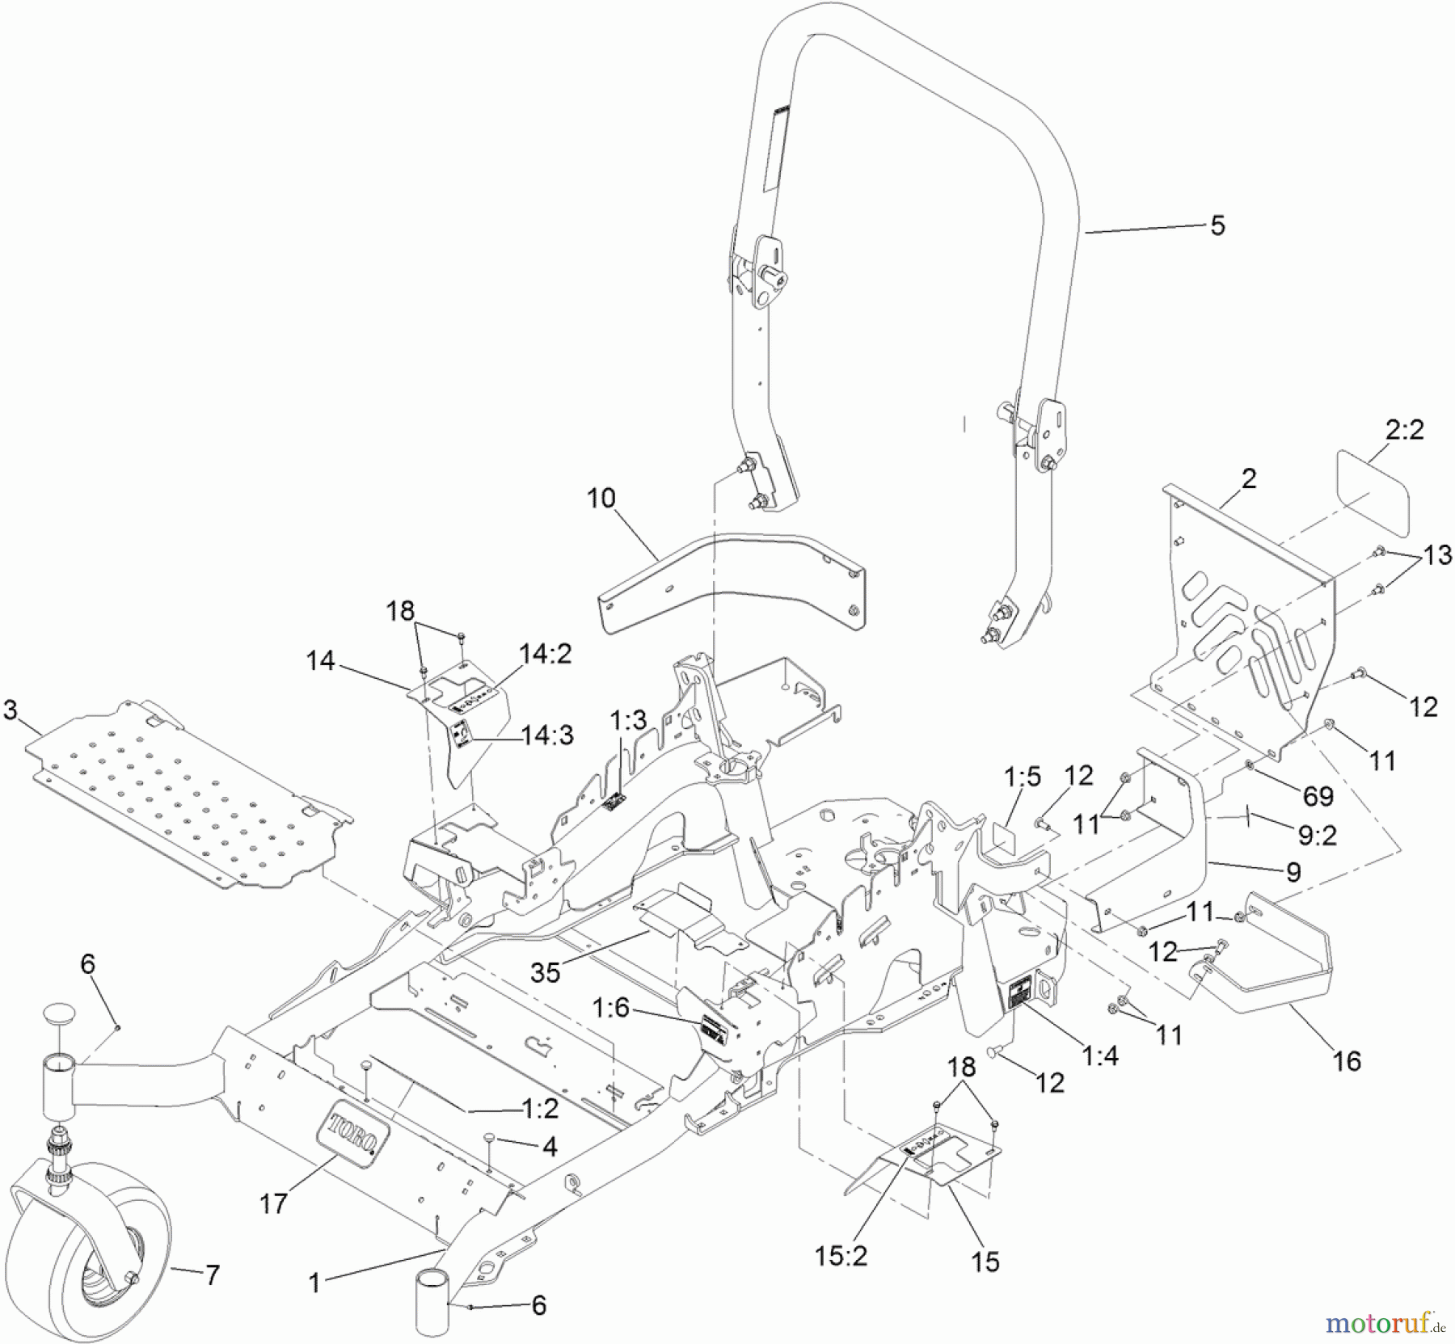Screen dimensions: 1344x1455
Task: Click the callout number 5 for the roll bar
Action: [1217, 225]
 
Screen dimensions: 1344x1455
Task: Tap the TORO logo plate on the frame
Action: [356, 1134]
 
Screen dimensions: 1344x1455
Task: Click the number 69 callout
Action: [1318, 796]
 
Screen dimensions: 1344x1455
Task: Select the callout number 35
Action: [545, 972]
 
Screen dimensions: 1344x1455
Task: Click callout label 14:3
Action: [547, 735]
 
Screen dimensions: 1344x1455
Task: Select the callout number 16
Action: [1347, 1060]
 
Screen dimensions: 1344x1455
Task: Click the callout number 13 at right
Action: [1437, 554]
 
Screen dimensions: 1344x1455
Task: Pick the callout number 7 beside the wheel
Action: [212, 1275]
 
